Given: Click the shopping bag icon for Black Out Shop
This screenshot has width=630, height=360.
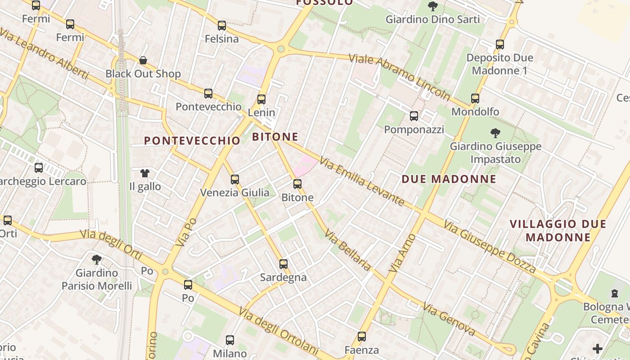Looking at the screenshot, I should point(143,60).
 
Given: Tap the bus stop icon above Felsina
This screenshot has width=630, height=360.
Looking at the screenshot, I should point(221,26).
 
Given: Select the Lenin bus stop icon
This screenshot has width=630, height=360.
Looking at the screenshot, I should point(261,99).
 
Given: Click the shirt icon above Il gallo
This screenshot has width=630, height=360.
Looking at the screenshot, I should point(144,173).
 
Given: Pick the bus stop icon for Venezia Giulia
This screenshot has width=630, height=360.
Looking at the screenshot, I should point(235,180).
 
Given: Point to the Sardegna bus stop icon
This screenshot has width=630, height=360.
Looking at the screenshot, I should point(283,264).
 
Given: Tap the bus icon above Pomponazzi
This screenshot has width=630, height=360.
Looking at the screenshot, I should point(414,116).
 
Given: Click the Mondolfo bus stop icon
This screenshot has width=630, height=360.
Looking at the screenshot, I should point(475,99).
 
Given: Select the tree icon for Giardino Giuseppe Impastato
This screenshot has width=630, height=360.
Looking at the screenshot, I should point(495,133).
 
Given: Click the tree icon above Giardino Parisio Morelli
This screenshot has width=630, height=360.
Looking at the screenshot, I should point(96,260).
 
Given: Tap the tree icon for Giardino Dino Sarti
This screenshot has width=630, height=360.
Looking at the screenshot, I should point(433,6).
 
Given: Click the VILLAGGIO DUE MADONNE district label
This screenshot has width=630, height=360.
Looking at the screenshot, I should point(558,230).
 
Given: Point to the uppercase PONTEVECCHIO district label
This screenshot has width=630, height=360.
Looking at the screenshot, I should point(193,140).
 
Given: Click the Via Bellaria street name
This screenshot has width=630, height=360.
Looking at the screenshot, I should point(348,251).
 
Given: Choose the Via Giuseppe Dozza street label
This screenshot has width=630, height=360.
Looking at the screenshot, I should point(490,247).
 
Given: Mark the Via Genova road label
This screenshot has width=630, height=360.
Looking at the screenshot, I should point(449,319).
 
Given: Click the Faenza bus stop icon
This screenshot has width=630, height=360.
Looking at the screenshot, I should point(362,337).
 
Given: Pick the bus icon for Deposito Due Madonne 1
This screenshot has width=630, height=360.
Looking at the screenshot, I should point(500,45).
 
